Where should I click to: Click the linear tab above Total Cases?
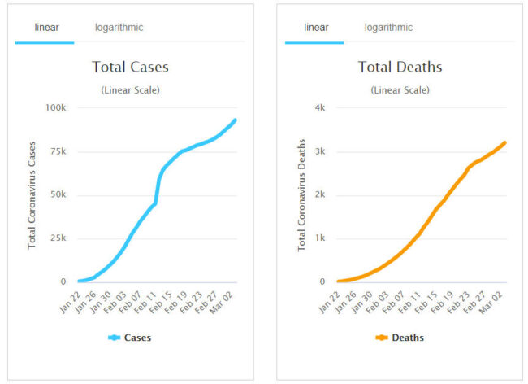[x=46, y=28]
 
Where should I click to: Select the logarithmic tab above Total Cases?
[x=119, y=28]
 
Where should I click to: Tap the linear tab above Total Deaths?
[x=316, y=28]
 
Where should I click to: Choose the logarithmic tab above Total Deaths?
[x=388, y=28]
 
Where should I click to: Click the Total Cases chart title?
[x=130, y=67]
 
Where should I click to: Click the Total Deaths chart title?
[x=397, y=67]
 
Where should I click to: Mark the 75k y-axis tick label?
[x=58, y=151]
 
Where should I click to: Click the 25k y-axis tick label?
[x=58, y=238]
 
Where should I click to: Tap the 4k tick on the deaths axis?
[x=320, y=107]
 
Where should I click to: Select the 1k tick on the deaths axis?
[x=320, y=238]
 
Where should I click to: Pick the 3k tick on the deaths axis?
[x=320, y=151]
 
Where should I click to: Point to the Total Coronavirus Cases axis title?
[x=32, y=194]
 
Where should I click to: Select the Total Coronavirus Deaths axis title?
[x=301, y=194]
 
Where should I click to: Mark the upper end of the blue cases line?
[x=235, y=120]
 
